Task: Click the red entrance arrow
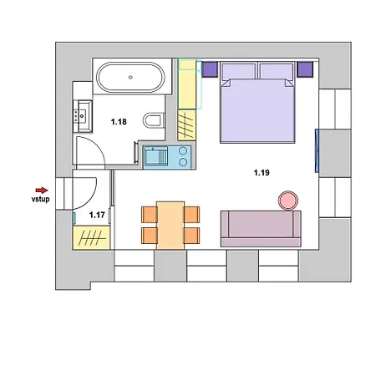coord(42,191)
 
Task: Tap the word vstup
coord(40,199)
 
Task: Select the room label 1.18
coord(119,122)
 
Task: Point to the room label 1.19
coord(262,173)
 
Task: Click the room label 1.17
coord(97,215)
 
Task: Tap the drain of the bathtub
coord(130,78)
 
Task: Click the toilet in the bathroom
coord(154,120)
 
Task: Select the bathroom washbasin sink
coord(83,116)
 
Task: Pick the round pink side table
coord(288,201)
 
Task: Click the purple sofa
coord(261,229)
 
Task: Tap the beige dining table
coord(170,225)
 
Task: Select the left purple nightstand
coord(210,69)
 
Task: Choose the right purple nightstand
coord(305,69)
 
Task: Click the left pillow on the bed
coord(239,72)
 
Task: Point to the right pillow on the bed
coord(277,72)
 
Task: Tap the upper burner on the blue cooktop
coord(183,151)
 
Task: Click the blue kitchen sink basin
coord(155,156)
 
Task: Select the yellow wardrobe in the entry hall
coord(91,237)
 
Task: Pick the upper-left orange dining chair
coord(150,215)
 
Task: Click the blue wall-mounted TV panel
coord(317,150)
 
